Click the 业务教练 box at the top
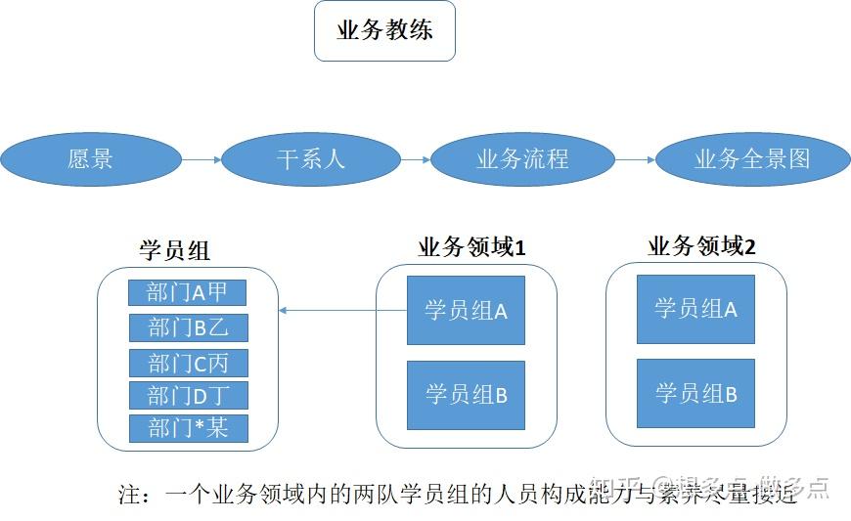click(x=384, y=31)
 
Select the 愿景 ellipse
click(x=91, y=158)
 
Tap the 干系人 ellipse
click(x=311, y=158)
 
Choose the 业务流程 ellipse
click(x=522, y=158)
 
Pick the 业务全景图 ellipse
click(x=752, y=158)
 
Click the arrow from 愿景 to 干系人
click(x=202, y=158)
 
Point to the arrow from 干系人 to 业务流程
click(x=416, y=158)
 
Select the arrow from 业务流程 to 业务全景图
click(x=635, y=158)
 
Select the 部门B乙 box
click(x=188, y=326)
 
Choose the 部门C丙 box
click(x=188, y=363)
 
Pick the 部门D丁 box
click(x=188, y=396)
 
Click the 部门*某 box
click(x=188, y=428)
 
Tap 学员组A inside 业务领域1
click(x=466, y=311)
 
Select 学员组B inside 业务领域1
click(x=466, y=395)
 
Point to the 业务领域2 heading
click(x=701, y=246)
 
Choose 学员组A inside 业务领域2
click(x=695, y=309)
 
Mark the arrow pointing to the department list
click(x=342, y=311)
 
